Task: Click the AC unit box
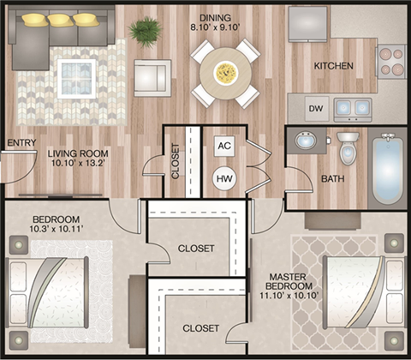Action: (x=224, y=146)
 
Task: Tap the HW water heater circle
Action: (x=224, y=178)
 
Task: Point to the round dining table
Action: (x=225, y=74)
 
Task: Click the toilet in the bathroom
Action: (x=348, y=148)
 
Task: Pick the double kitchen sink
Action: (x=352, y=108)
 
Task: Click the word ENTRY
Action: (x=21, y=143)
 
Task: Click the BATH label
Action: (x=333, y=178)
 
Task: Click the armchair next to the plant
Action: (x=152, y=75)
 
